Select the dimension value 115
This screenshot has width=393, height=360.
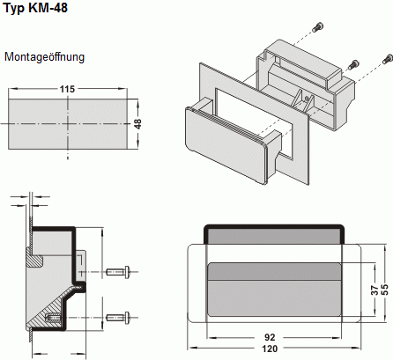[x=68, y=90]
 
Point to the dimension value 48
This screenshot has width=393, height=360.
[x=137, y=124]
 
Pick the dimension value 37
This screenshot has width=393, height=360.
[x=374, y=290]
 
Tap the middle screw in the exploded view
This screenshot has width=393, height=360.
[x=354, y=64]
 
